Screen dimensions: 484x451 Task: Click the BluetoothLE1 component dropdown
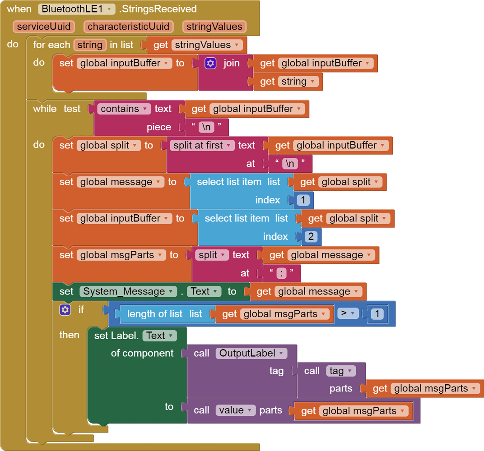pyautogui.click(x=77, y=9)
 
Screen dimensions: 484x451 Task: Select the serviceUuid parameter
pyautogui.click(x=44, y=27)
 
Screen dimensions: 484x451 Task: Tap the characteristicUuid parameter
pyautogui.click(x=128, y=27)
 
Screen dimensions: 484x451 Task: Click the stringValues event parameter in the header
pyautogui.click(x=214, y=27)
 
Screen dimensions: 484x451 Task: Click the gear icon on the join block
pyautogui.click(x=210, y=63)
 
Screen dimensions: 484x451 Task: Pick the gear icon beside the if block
pyautogui.click(x=65, y=309)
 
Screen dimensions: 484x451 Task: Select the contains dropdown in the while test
pyautogui.click(x=124, y=109)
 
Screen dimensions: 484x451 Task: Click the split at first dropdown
pyautogui.click(x=202, y=145)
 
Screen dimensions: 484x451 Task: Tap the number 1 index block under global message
pyautogui.click(x=303, y=200)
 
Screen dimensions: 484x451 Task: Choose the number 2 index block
pyautogui.click(x=311, y=236)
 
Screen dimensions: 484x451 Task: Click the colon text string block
pyautogui.click(x=281, y=273)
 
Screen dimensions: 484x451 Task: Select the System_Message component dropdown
pyautogui.click(x=128, y=291)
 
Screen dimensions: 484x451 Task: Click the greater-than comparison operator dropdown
pyautogui.click(x=348, y=313)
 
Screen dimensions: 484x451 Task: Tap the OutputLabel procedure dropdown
pyautogui.click(x=251, y=353)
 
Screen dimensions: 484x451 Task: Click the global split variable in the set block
pyautogui.click(x=108, y=145)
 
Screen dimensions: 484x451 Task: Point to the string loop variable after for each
pyautogui.click(x=90, y=45)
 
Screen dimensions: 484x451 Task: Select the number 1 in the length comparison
pyautogui.click(x=377, y=314)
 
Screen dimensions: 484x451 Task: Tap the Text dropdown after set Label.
pyautogui.click(x=159, y=336)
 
